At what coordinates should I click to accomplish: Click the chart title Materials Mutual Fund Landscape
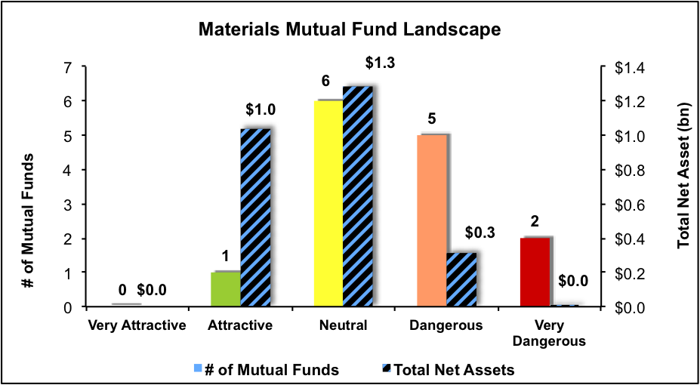pyautogui.click(x=350, y=30)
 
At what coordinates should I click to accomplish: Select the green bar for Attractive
pyautogui.click(x=225, y=289)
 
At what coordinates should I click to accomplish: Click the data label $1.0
pyautogui.click(x=261, y=110)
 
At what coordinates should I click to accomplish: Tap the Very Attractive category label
pyautogui.click(x=137, y=326)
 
